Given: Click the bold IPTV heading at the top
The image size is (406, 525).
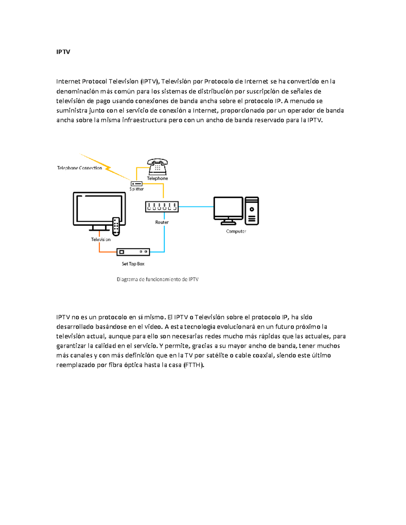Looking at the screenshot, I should [x=63, y=52].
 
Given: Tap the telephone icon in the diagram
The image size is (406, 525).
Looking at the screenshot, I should [x=157, y=166].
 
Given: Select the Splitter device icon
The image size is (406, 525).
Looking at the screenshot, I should [x=136, y=184].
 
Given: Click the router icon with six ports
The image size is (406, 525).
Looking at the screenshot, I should [x=162, y=207].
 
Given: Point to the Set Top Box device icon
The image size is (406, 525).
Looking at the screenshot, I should [x=133, y=252].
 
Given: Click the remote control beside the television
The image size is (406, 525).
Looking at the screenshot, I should [x=116, y=226].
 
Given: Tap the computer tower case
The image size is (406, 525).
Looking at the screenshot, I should [x=252, y=211].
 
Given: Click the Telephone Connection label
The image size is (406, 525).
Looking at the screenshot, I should [x=80, y=168].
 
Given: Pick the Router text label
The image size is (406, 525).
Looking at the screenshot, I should [x=162, y=222].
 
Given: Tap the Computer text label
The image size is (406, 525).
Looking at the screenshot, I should [x=236, y=232].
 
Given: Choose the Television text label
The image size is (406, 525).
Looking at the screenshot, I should [x=100, y=240].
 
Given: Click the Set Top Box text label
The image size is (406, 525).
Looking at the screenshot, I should [x=133, y=264].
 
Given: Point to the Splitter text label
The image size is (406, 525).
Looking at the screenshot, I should [x=137, y=189].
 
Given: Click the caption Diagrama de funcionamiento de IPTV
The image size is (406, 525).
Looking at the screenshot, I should [x=157, y=280].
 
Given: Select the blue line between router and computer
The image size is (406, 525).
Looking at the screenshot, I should [x=196, y=207].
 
